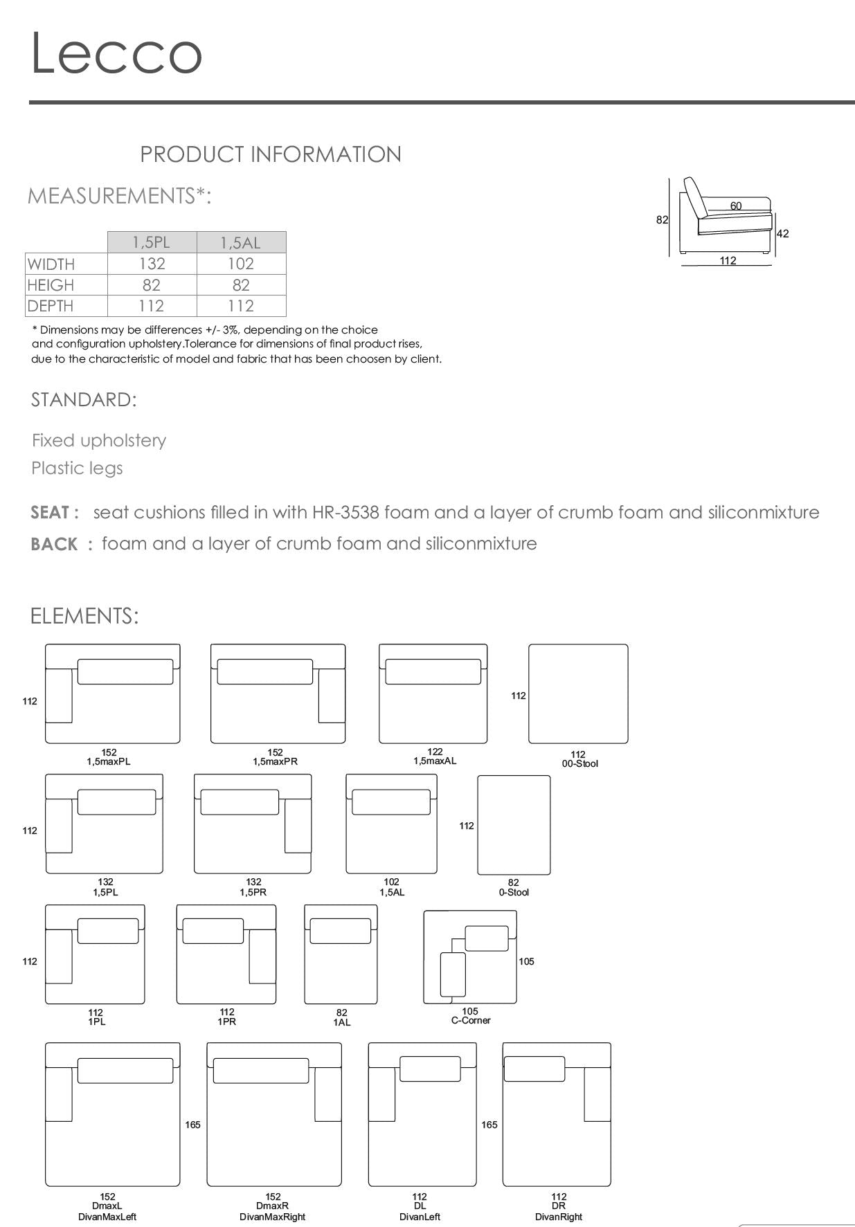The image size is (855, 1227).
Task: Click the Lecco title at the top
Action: coord(116,53)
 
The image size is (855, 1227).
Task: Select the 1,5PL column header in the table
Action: coord(152,242)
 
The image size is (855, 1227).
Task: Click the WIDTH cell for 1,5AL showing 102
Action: coord(241,264)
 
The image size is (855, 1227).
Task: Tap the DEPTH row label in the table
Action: coord(51,306)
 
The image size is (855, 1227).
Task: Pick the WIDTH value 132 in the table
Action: coord(152,264)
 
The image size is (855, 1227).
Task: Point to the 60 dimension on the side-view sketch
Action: coord(735,206)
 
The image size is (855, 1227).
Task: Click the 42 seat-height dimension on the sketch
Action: coord(782,234)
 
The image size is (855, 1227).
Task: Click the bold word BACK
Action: coord(54,545)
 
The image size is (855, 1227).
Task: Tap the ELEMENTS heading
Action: coord(84,616)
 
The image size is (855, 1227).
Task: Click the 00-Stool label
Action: coord(580,763)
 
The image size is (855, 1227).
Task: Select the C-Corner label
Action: coord(471,1020)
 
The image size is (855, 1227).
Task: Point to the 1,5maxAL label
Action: coord(435,761)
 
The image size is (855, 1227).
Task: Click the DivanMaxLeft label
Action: coord(107,1217)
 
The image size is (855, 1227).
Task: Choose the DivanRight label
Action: coord(559,1217)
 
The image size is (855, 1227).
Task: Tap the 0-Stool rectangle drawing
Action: coord(514,825)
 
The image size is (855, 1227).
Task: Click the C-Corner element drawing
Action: coord(471,957)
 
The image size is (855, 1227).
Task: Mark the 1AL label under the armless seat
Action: coord(342,1022)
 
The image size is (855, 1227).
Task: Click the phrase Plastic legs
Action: coord(77,469)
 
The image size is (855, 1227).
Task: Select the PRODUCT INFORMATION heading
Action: coord(271,154)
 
